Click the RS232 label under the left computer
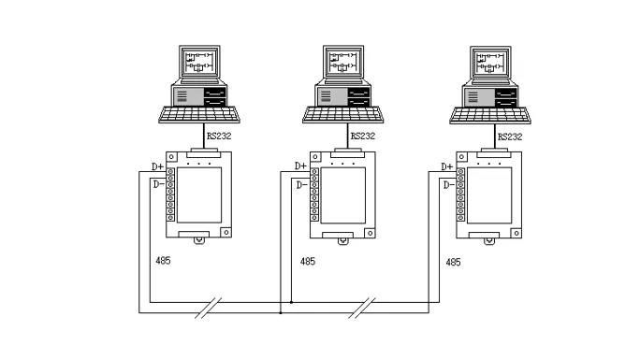pyautogui.click(x=219, y=136)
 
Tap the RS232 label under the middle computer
pyautogui.click(x=362, y=136)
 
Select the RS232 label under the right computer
pyautogui.click(x=510, y=137)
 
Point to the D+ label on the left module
pyautogui.click(x=157, y=166)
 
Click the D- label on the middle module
pyautogui.click(x=302, y=185)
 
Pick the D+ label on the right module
pyautogui.click(x=447, y=166)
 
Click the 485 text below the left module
pyautogui.click(x=163, y=261)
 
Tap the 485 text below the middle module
pyautogui.click(x=307, y=261)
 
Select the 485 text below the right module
pyautogui.click(x=453, y=262)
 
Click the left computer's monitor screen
pyautogui.click(x=199, y=62)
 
